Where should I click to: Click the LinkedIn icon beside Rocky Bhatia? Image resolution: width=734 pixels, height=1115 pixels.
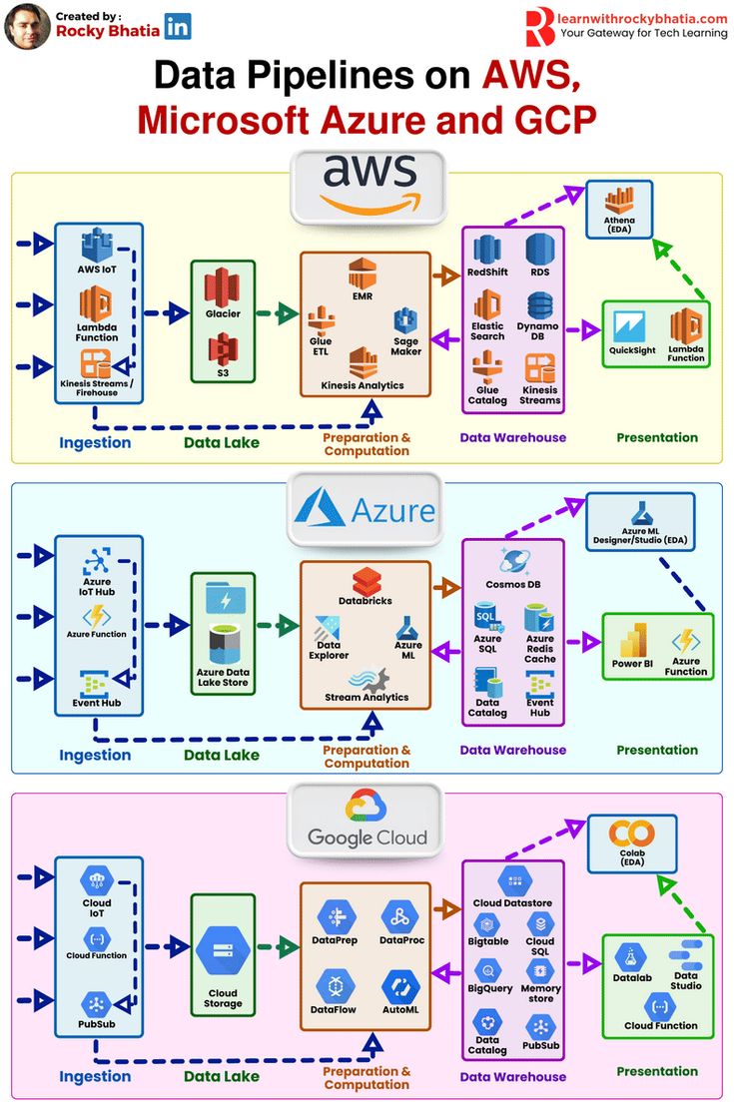point(178,27)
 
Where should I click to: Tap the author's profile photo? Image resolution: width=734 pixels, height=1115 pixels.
point(27,27)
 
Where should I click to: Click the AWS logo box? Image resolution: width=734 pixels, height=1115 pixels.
point(367,186)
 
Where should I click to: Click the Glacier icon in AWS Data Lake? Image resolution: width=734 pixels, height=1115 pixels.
point(223,286)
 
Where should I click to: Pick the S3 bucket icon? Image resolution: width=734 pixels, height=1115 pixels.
point(223,348)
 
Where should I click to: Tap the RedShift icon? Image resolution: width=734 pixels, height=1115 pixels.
point(487,249)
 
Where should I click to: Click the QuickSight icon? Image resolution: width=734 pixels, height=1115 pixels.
point(631,326)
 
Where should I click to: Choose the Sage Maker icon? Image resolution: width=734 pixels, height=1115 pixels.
point(405,321)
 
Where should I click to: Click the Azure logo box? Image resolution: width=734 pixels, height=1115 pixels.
point(365,510)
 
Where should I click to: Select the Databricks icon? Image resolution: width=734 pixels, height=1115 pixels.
point(366,581)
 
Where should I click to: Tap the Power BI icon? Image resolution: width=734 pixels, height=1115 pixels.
point(633,639)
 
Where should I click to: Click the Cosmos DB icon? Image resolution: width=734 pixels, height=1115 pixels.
point(513,561)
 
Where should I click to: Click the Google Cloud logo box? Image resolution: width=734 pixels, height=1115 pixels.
point(366,819)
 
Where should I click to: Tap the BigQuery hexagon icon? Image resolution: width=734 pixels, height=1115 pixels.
point(488,969)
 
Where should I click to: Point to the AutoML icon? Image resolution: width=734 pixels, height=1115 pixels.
point(399,986)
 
